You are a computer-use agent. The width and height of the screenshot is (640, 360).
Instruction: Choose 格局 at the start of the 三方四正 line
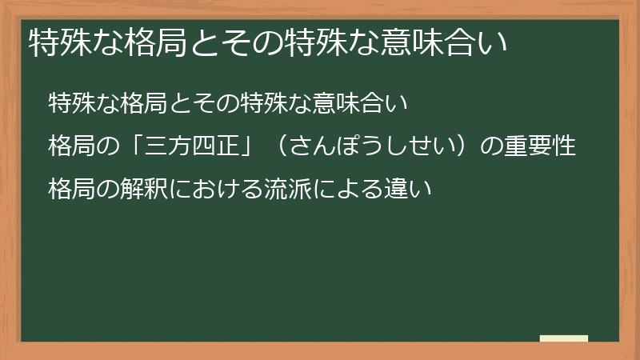tap(71, 147)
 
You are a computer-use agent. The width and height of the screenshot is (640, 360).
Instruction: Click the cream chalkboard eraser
tap(563, 339)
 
